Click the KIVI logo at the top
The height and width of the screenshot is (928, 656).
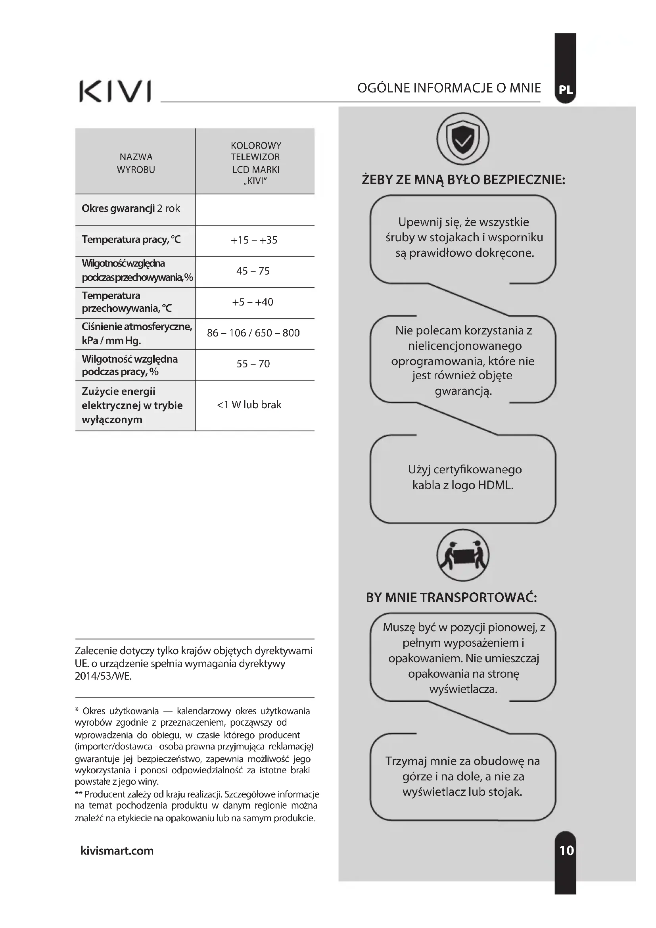pyautogui.click(x=115, y=91)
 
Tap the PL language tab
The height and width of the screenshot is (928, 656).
pyautogui.click(x=566, y=90)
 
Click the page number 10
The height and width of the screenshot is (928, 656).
pyautogui.click(x=566, y=850)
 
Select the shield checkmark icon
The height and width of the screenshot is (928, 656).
pyautogui.click(x=463, y=138)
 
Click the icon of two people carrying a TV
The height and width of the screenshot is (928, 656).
pyautogui.click(x=463, y=555)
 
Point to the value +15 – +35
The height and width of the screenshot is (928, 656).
pyautogui.click(x=254, y=240)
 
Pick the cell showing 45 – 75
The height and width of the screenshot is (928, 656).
pyautogui.click(x=253, y=271)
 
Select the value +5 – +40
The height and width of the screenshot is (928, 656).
pyautogui.click(x=253, y=302)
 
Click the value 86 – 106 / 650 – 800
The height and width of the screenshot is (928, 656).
pyautogui.click(x=253, y=333)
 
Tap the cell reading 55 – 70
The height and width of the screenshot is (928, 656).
pyautogui.click(x=253, y=364)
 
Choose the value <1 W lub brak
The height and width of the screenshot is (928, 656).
pyautogui.click(x=249, y=405)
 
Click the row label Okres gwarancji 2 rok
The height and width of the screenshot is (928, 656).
pyautogui.click(x=131, y=209)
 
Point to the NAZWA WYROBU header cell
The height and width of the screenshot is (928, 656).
pyautogui.click(x=136, y=163)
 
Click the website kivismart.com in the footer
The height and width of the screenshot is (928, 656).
pyautogui.click(x=117, y=850)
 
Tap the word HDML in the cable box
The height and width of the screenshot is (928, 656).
pyautogui.click(x=496, y=485)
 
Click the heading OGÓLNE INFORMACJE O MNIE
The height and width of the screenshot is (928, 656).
pyautogui.click(x=449, y=88)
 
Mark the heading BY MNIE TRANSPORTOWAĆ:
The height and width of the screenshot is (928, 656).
pyautogui.click(x=451, y=598)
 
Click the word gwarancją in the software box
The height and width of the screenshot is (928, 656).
pyautogui.click(x=463, y=391)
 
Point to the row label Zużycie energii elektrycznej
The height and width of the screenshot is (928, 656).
pyautogui.click(x=132, y=405)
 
